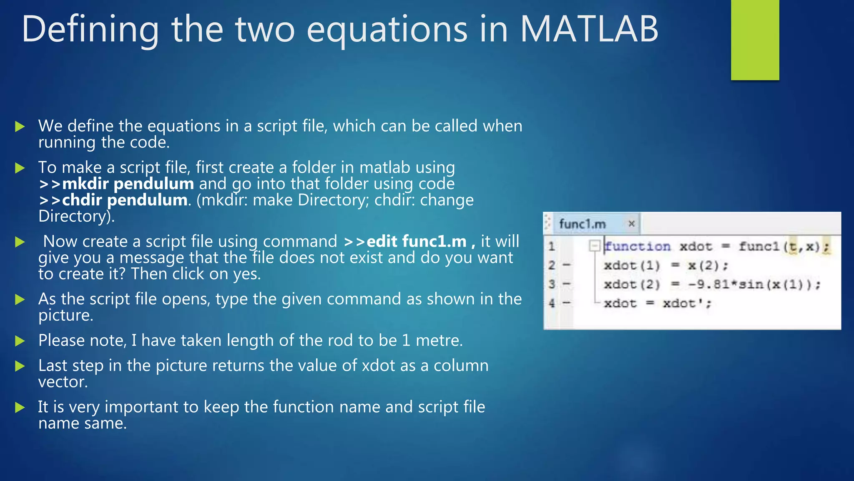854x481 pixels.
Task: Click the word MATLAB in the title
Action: pos(589,29)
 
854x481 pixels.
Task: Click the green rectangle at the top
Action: pos(755,40)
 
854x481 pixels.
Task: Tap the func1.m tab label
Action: pos(582,224)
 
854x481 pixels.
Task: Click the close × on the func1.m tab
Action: pos(631,224)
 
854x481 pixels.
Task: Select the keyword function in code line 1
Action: pos(638,247)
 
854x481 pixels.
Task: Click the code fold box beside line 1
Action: pos(594,246)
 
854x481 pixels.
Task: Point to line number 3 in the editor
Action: pos(552,284)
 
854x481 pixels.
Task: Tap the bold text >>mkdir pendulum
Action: pos(116,184)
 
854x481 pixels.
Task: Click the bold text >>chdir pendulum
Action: pos(113,200)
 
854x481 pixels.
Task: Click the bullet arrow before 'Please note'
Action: pos(20,341)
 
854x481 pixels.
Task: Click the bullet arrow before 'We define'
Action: pos(20,127)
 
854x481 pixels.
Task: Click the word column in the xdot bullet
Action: pos(461,366)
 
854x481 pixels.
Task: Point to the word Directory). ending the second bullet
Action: pos(76,216)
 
